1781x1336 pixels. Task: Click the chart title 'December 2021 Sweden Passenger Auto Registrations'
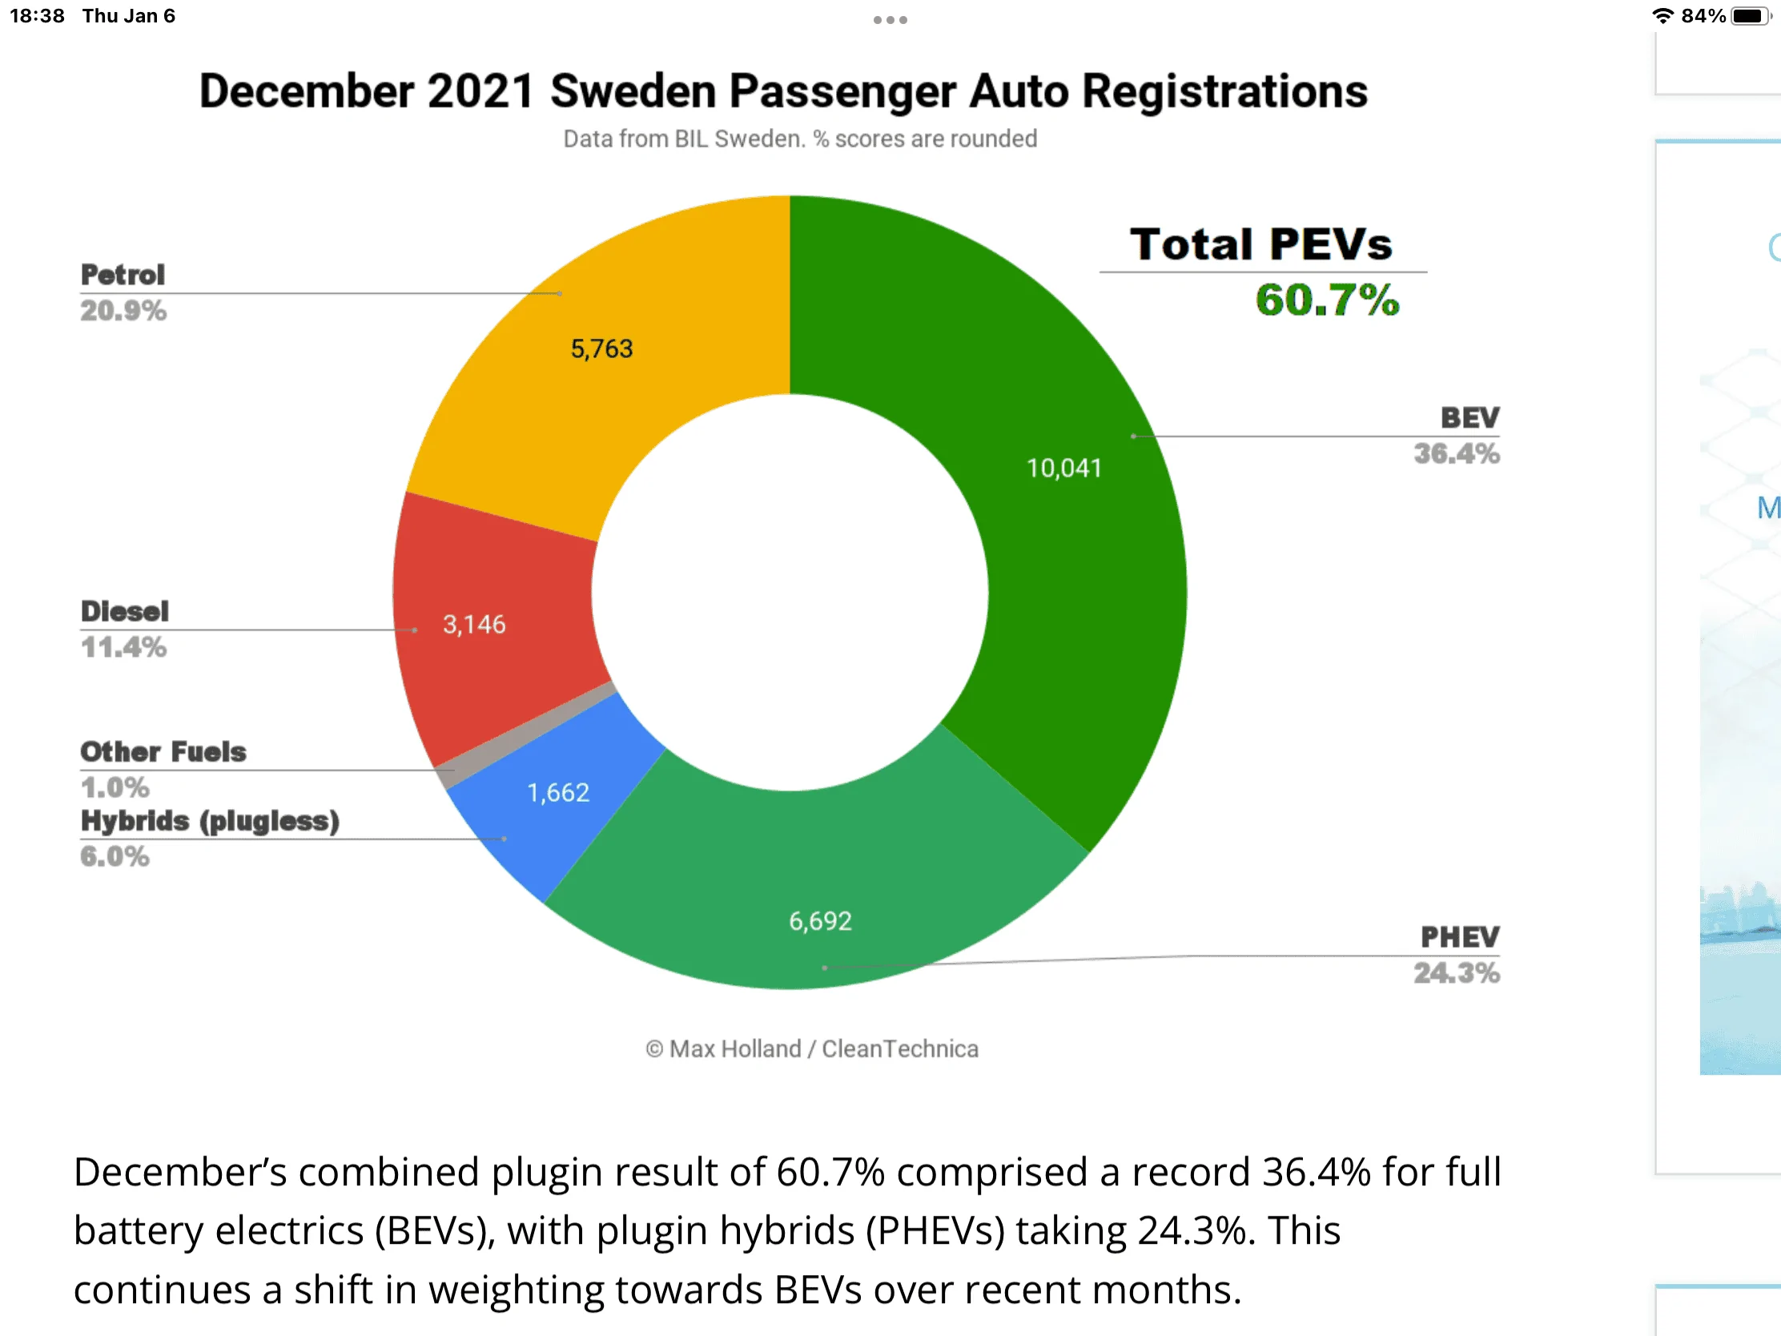pyautogui.click(x=783, y=91)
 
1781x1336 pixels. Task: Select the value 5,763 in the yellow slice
pyautogui.click(x=601, y=348)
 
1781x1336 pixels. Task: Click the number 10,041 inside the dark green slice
pyautogui.click(x=1063, y=468)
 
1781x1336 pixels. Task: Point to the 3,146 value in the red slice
pyautogui.click(x=474, y=624)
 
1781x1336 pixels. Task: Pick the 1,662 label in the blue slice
pyautogui.click(x=558, y=792)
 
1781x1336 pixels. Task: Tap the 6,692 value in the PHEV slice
pyautogui.click(x=820, y=920)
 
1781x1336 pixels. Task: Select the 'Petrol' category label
pyautogui.click(x=123, y=275)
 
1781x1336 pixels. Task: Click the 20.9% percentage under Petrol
pyautogui.click(x=123, y=310)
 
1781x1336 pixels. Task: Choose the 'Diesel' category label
pyautogui.click(x=125, y=611)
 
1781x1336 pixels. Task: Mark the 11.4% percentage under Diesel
pyautogui.click(x=123, y=646)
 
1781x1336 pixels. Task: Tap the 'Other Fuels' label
pyautogui.click(x=163, y=751)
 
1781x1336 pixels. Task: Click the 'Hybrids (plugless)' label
pyautogui.click(x=210, y=822)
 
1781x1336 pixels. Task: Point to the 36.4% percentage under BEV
pyautogui.click(x=1457, y=453)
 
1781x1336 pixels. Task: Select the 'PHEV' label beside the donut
pyautogui.click(x=1460, y=936)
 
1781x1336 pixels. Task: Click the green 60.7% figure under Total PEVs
pyautogui.click(x=1327, y=300)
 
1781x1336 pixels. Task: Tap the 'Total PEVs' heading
pyautogui.click(x=1260, y=244)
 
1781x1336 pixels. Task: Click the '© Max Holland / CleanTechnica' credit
pyautogui.click(x=811, y=1048)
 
